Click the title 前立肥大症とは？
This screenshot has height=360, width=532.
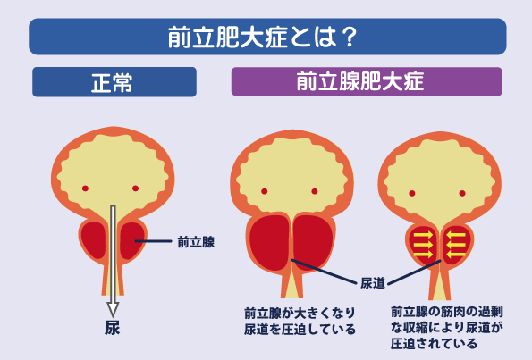(262, 37)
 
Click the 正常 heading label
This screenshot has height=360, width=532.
(112, 82)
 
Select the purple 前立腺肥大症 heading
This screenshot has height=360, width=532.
(360, 81)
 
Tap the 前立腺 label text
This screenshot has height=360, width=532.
(196, 242)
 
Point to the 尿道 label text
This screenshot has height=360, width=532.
(373, 283)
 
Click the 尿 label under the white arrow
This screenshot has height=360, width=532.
(113, 328)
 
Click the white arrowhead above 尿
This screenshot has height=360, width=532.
(113, 310)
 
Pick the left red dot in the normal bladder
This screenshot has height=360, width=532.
(85, 188)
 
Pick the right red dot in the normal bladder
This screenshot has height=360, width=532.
(135, 188)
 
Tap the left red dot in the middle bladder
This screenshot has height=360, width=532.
(265, 191)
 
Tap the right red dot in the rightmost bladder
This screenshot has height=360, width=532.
(462, 193)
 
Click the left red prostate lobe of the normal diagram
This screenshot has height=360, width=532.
(94, 239)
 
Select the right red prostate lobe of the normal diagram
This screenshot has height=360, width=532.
(131, 239)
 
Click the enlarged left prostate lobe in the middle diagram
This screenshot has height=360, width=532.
(270, 242)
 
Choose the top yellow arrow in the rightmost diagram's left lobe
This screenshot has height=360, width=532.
(423, 235)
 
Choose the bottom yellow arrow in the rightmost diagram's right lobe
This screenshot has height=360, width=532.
(456, 255)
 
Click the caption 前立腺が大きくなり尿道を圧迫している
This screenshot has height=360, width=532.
(300, 321)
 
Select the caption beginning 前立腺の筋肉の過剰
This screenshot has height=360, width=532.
(447, 327)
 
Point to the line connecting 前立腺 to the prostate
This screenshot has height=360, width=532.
(153, 241)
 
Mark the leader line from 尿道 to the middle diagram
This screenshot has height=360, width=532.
(325, 272)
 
